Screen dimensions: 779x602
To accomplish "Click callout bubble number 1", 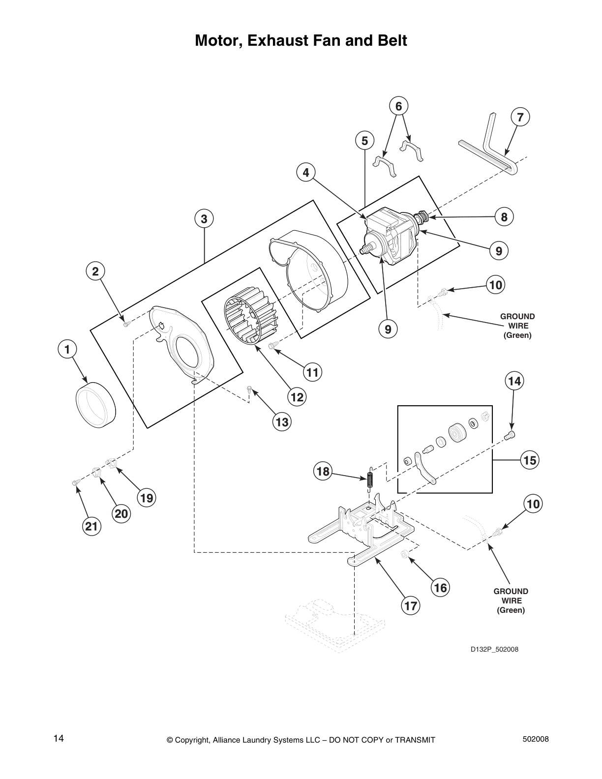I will (67, 349).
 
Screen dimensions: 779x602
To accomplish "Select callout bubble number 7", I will (520, 117).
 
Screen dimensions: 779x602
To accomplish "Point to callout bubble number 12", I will (297, 396).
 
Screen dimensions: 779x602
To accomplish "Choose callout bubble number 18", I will (323, 472).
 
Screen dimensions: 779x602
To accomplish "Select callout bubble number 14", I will (514, 381).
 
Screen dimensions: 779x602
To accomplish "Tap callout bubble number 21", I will (90, 527).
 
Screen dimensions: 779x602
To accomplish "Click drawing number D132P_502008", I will (494, 649).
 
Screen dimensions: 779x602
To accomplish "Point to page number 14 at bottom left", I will (59, 738).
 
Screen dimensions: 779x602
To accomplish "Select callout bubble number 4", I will (306, 173).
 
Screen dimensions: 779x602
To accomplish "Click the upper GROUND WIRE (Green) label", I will (517, 326).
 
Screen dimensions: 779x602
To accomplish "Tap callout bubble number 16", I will (440, 587).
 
